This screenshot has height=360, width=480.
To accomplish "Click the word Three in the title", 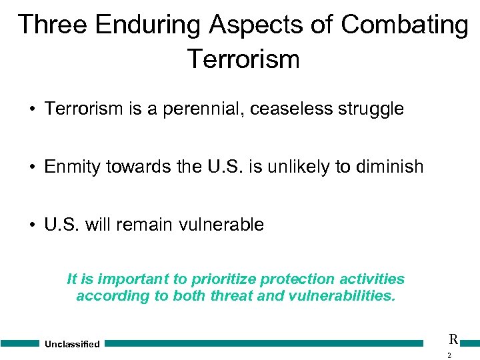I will click(52, 25).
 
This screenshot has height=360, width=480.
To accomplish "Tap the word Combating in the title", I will click(405, 25).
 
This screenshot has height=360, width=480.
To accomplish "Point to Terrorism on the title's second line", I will click(243, 59).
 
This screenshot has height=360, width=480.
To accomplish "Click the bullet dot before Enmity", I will click(31, 167).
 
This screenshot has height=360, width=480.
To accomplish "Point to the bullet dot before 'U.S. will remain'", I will click(31, 225).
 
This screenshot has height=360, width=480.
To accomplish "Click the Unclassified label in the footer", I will click(72, 344).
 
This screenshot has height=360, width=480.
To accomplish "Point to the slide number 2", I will click(449, 355).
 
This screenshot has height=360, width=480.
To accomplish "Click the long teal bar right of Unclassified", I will click(264, 343).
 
